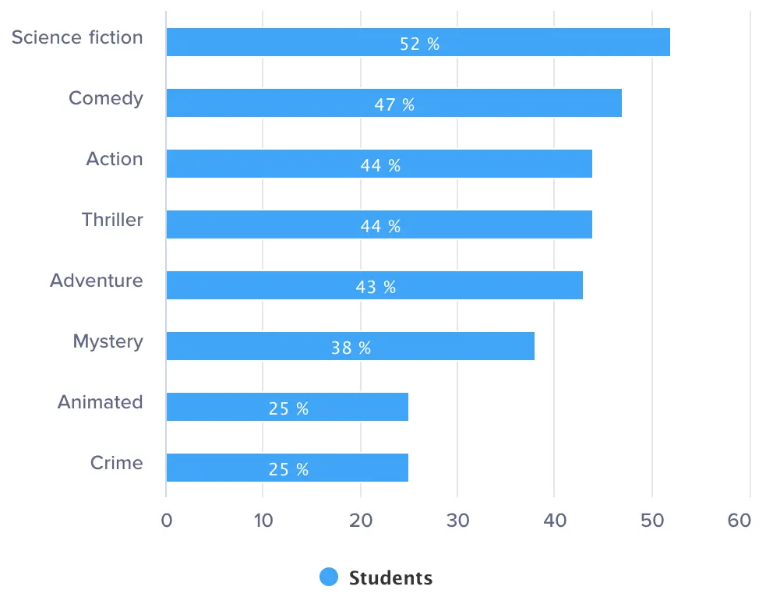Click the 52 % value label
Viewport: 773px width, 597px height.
[x=420, y=44]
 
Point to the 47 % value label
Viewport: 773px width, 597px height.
[x=394, y=104]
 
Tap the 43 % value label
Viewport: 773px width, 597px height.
[x=376, y=287]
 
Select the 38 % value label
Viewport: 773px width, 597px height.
[x=351, y=348]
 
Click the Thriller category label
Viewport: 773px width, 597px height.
[x=113, y=220]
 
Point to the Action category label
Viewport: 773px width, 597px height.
[x=115, y=159]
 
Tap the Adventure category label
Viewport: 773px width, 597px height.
[x=97, y=281]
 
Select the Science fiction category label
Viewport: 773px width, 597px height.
[x=77, y=37]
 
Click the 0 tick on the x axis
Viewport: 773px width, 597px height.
[x=166, y=521]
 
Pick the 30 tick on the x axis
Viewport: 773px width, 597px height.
[x=457, y=521]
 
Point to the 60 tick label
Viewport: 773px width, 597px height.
[x=739, y=521]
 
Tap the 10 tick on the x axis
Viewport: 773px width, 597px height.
[x=263, y=521]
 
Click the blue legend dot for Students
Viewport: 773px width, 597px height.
[x=329, y=578]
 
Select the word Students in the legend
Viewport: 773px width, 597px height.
[x=390, y=578]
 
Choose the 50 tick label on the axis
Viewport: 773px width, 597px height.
[x=651, y=521]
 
